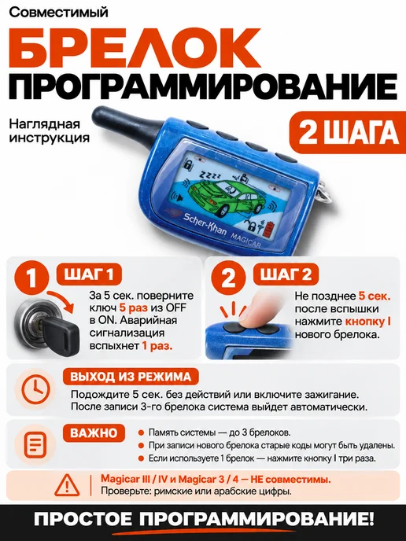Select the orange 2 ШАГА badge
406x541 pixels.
click(x=348, y=132)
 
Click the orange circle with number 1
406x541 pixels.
click(x=31, y=278)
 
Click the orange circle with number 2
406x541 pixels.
click(x=228, y=278)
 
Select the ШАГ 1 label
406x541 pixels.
click(x=89, y=274)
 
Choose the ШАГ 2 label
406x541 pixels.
click(x=286, y=274)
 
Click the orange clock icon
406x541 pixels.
click(x=35, y=389)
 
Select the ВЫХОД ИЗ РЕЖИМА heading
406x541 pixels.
click(x=131, y=377)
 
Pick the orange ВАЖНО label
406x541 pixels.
click(x=94, y=433)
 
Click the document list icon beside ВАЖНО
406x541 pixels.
click(x=35, y=445)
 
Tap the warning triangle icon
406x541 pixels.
click(x=68, y=484)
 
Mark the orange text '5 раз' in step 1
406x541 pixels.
click(x=133, y=307)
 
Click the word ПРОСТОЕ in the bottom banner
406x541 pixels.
click(x=83, y=519)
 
